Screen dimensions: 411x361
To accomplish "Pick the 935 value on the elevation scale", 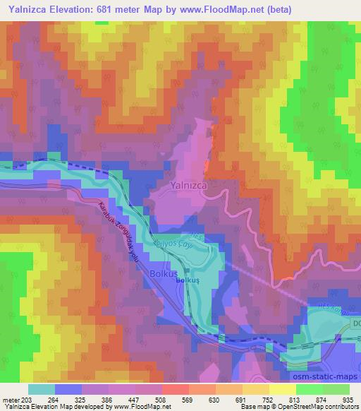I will (346, 399).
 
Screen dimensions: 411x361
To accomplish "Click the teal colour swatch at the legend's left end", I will (42, 389).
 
